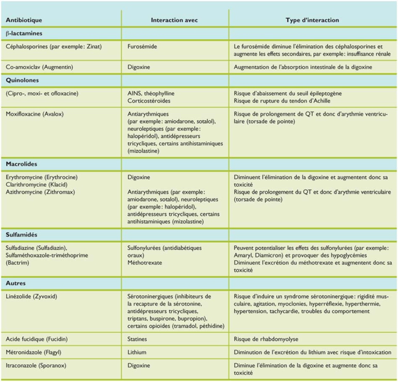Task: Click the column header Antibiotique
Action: click(24, 20)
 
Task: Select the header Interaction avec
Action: click(174, 20)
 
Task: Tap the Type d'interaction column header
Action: click(312, 20)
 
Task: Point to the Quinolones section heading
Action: click(22, 80)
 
